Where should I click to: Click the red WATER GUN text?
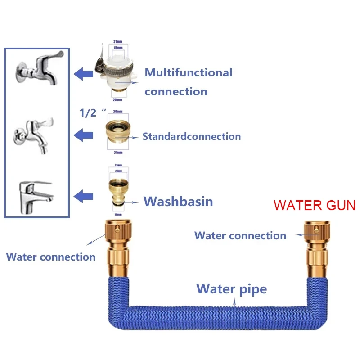tap(315, 206)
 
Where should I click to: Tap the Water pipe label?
tap(232, 288)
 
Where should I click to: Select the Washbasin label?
tap(178, 201)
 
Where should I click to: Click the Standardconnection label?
tap(192, 136)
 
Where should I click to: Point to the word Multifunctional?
tap(189, 72)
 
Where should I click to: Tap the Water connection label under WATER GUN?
tap(240, 235)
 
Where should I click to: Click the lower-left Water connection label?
tap(51, 257)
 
